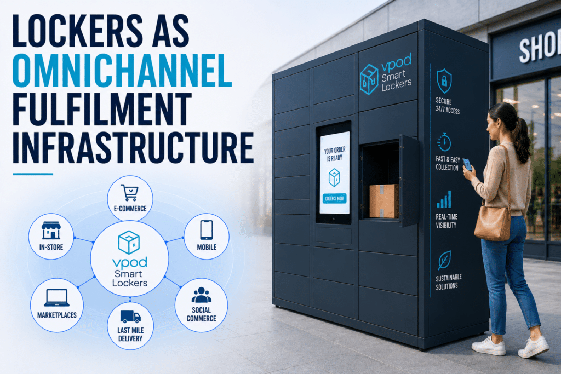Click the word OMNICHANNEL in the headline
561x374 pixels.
122,71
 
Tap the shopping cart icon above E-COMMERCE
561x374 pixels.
129,192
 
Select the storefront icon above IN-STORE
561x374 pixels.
51,231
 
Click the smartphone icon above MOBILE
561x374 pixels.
207,229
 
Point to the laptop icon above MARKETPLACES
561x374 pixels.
57,298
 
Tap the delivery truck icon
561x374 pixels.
130,317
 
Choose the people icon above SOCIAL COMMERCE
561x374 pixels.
201,295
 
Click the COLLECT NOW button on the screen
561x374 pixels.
335,198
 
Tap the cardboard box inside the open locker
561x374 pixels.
384,200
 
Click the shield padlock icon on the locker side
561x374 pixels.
444,81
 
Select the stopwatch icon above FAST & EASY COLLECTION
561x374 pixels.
444,142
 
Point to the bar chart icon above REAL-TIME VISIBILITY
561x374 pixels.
444,199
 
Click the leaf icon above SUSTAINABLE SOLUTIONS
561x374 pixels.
444,260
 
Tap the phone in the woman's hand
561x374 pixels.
467,164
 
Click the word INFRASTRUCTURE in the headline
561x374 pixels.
133,147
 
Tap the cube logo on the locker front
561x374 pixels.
369,79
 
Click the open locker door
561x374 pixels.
409,181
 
